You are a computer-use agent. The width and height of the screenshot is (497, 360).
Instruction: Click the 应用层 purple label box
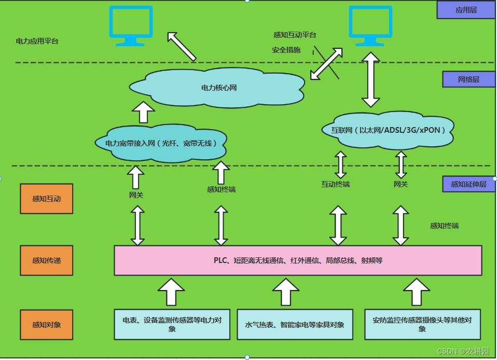466,10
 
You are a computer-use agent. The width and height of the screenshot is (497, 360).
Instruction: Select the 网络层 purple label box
468,79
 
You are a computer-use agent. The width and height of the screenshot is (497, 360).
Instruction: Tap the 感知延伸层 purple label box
468,184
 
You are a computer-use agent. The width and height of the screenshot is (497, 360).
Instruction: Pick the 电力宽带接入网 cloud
161,143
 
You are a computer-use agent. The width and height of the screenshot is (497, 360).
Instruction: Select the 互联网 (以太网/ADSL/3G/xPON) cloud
388,130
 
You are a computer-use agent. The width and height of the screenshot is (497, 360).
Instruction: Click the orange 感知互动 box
46,199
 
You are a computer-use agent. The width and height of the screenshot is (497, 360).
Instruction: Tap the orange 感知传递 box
46,260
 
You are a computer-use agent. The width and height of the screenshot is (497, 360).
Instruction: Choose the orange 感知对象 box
46,325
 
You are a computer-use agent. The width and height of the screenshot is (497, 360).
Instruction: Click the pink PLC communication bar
298,260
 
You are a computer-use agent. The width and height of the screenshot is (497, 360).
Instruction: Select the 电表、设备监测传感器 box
172,325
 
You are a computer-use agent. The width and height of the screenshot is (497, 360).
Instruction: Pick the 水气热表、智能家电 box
295,325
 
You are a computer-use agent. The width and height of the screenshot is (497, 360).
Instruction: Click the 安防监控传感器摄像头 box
422,325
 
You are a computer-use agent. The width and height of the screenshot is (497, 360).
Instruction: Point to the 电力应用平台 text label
37,41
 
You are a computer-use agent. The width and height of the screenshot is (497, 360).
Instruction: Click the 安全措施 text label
286,50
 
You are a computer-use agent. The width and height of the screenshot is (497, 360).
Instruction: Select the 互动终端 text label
335,184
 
